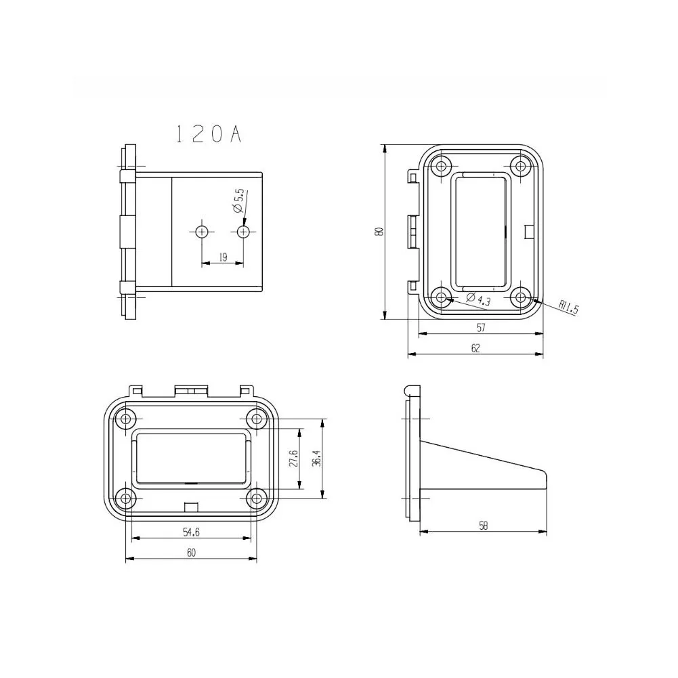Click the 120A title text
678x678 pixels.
207,133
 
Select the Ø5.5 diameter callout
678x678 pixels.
238,201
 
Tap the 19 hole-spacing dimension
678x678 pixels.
222,257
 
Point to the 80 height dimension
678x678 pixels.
380,231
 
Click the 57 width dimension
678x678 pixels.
481,327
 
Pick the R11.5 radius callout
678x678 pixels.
569,308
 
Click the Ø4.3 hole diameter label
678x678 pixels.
480,300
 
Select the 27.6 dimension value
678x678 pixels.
293,458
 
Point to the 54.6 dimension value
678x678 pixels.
191,532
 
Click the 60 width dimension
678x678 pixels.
191,553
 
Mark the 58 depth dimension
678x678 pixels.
483,525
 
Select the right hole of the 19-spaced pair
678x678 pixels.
244,232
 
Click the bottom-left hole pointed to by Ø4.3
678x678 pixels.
443,297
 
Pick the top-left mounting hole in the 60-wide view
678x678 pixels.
125,419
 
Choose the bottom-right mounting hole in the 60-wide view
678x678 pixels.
256,499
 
